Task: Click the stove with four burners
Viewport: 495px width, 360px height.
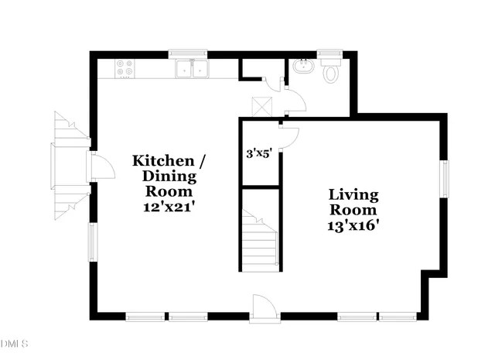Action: [x=124, y=69]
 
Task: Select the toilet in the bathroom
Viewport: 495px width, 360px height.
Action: [x=331, y=73]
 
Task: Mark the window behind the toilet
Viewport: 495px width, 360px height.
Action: [x=330, y=54]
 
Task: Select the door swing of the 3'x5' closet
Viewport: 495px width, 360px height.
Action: [x=288, y=136]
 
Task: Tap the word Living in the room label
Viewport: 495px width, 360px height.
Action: [x=353, y=194]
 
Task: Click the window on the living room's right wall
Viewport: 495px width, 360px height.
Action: [x=444, y=177]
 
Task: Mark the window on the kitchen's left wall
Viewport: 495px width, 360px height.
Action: [x=93, y=242]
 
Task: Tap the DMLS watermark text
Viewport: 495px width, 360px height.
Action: [x=14, y=343]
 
